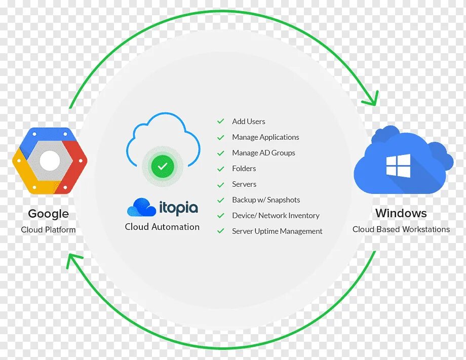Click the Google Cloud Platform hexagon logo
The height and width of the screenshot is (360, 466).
(x=50, y=161)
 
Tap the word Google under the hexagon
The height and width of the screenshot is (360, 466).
(x=48, y=214)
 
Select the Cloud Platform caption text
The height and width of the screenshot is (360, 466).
(x=48, y=229)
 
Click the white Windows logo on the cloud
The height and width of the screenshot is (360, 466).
(x=398, y=166)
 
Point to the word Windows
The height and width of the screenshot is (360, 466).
(x=401, y=213)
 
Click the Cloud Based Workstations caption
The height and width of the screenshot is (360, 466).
(x=401, y=229)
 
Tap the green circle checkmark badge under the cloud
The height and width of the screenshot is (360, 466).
(x=162, y=166)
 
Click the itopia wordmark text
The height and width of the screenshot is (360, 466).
(x=178, y=208)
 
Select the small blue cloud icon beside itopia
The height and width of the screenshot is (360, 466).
(x=141, y=208)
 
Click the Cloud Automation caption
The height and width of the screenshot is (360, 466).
(x=162, y=227)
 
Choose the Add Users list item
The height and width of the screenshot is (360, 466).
(x=248, y=122)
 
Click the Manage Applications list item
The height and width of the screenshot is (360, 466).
(x=265, y=137)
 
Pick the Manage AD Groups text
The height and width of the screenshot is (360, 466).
(x=263, y=153)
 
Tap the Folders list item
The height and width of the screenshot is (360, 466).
(x=244, y=169)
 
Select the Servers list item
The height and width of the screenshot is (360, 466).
(x=244, y=184)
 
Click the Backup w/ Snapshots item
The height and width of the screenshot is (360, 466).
(x=266, y=200)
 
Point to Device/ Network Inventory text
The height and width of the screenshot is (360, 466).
(x=276, y=216)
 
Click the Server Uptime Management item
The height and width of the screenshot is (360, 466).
(x=277, y=231)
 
